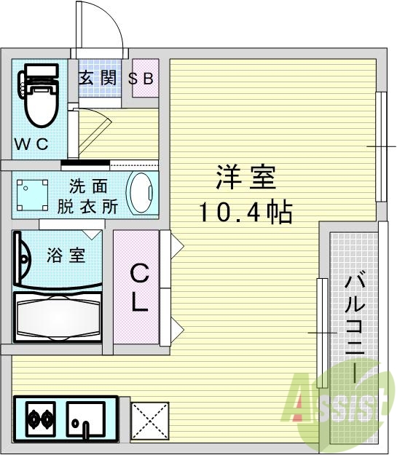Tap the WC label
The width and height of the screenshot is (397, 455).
(x=32, y=144)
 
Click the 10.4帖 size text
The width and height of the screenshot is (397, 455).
(x=245, y=212)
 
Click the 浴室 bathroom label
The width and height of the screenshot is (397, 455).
(x=66, y=256)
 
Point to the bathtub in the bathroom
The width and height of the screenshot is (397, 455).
(x=56, y=316)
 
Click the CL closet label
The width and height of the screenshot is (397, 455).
(x=139, y=289)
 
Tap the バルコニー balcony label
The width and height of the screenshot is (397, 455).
(x=355, y=328)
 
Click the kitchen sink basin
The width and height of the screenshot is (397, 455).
(x=86, y=421)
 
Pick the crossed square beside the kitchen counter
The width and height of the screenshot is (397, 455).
(x=149, y=422)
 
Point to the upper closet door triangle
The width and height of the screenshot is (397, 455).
(x=176, y=246)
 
